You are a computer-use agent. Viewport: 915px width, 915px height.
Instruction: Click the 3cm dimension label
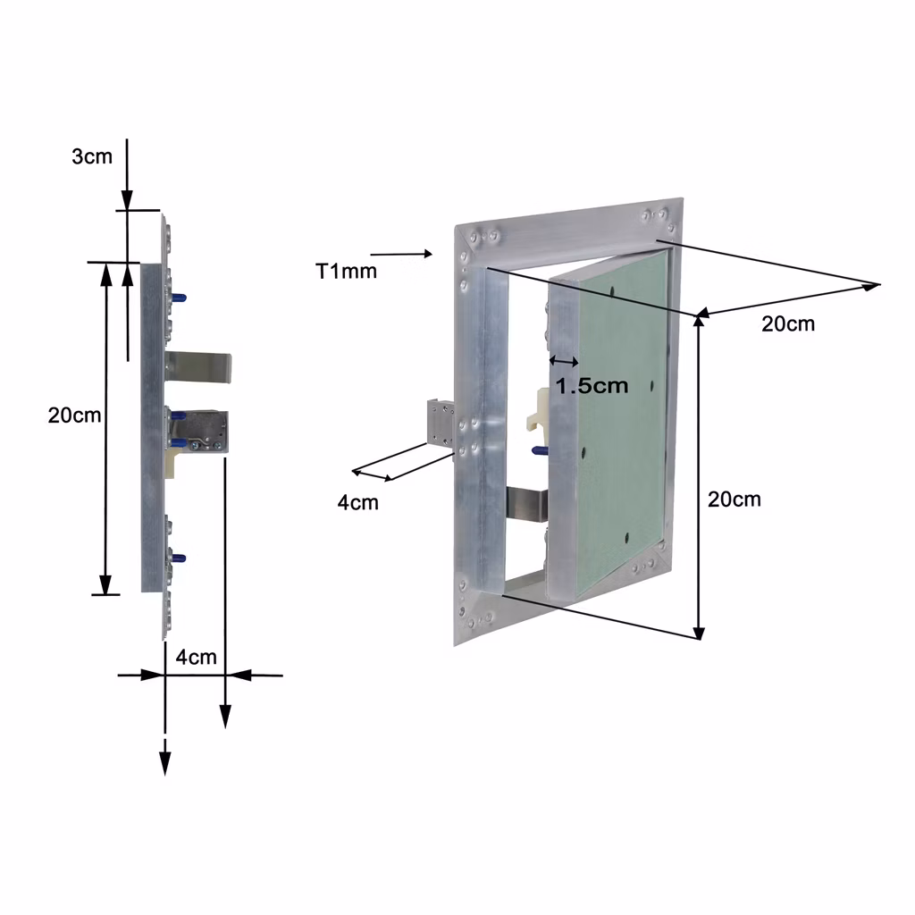point(92,156)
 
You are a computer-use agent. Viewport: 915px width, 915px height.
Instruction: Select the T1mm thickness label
point(346,271)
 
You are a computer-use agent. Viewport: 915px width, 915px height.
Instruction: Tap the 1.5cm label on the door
point(592,385)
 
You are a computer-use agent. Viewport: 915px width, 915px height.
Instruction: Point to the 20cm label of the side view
point(74,415)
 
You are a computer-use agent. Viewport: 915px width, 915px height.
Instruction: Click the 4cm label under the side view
point(196,657)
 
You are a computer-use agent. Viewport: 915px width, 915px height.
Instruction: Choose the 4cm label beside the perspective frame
point(357,502)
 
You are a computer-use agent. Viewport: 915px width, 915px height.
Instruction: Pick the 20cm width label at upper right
point(788,323)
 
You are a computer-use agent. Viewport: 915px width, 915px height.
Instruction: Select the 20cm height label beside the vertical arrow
point(735,499)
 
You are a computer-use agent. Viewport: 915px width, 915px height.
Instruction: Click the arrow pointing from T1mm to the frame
point(401,254)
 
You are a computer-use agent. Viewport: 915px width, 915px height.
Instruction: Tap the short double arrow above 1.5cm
point(565,362)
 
